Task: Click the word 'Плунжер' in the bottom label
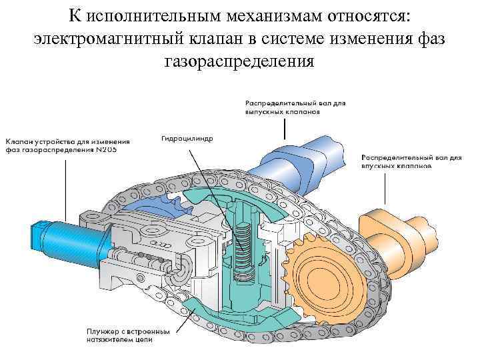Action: pyautogui.click(x=101, y=331)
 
